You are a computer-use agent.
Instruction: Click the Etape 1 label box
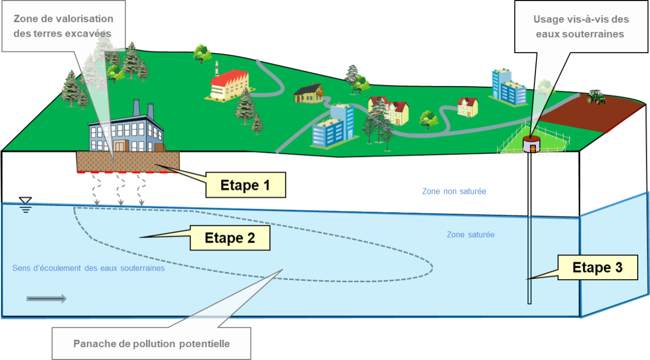click(245, 185)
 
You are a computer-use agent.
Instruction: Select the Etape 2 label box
click(230, 238)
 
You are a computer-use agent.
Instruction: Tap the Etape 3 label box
click(597, 268)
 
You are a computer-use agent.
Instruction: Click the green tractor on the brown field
click(596, 97)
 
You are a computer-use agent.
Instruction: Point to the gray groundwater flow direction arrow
click(47, 299)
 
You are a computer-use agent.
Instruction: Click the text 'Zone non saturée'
click(454, 191)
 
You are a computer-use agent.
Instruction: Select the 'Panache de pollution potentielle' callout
click(151, 343)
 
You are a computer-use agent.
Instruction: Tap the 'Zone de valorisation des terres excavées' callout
click(63, 25)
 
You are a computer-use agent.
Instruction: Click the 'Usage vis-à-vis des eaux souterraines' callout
click(580, 26)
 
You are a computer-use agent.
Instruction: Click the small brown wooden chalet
click(308, 93)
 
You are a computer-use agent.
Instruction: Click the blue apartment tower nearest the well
click(508, 87)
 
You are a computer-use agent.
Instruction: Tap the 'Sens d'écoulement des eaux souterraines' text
click(88, 268)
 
